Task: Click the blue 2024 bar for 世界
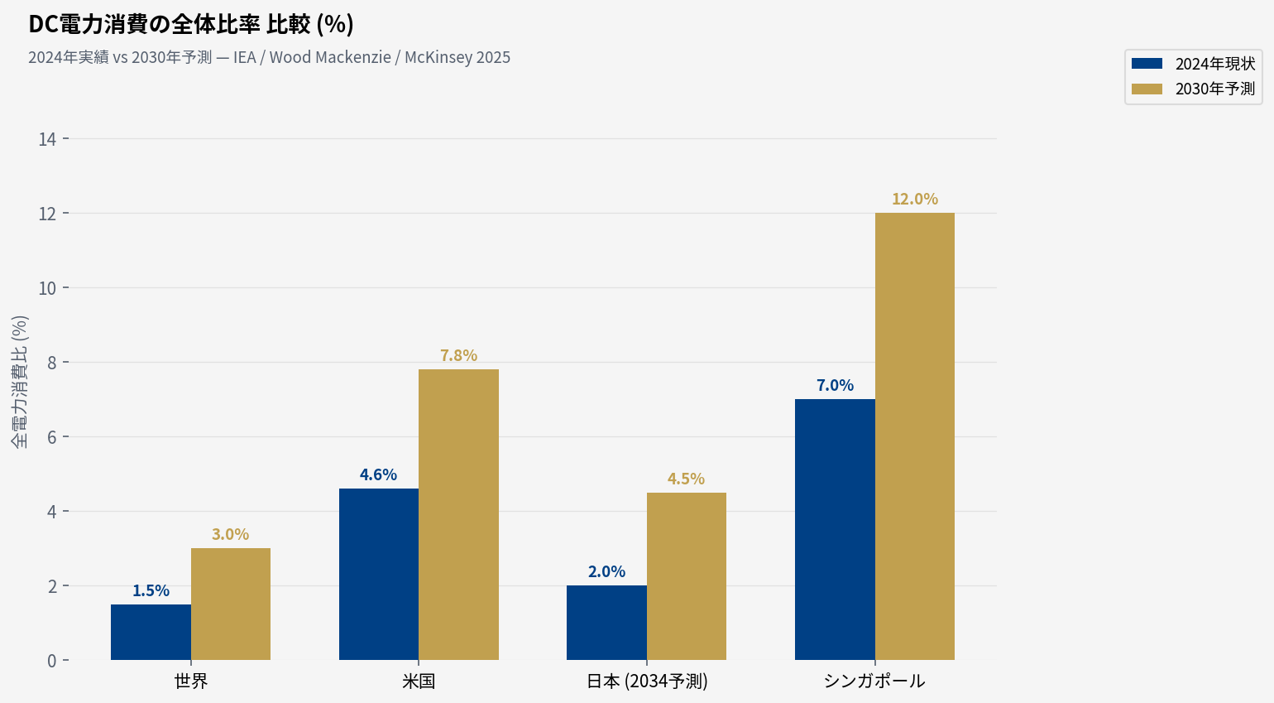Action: (151, 632)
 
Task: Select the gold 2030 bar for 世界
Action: (231, 604)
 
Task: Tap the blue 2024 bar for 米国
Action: (379, 574)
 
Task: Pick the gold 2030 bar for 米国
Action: (458, 514)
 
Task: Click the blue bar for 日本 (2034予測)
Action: (606, 623)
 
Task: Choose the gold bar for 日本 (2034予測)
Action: (687, 576)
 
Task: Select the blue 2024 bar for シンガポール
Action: (835, 529)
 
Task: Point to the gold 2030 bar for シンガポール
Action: (915, 436)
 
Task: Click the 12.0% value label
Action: (915, 199)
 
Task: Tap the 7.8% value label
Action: (458, 355)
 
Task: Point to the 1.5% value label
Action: (151, 590)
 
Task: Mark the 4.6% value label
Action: (378, 474)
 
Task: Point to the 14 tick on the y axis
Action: (47, 139)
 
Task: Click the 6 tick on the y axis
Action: (52, 437)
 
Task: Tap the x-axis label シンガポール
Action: (874, 681)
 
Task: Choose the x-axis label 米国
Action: (419, 681)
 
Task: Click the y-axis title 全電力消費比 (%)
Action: (20, 382)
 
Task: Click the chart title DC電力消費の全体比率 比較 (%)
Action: (191, 25)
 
